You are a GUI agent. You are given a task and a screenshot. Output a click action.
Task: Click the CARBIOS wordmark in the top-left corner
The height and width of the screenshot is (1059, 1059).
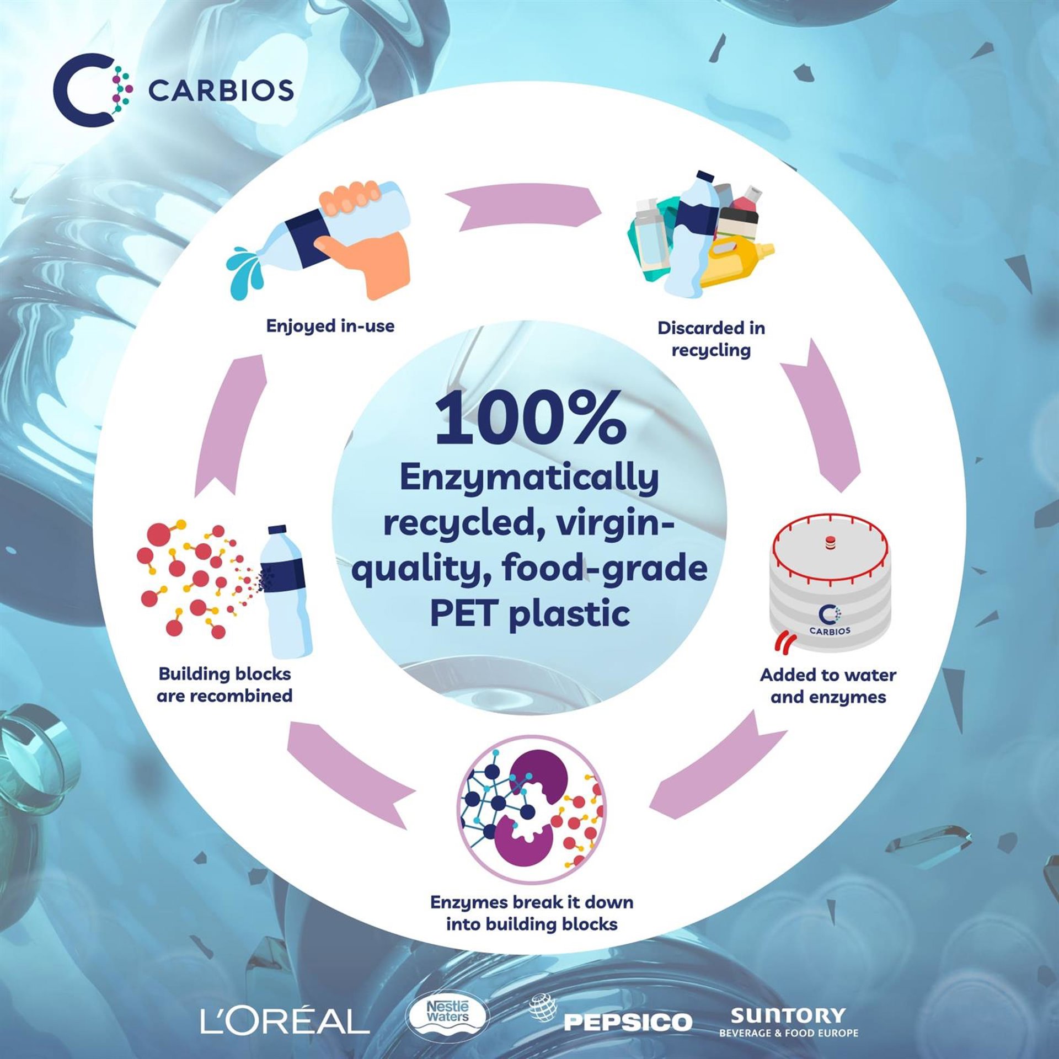221,90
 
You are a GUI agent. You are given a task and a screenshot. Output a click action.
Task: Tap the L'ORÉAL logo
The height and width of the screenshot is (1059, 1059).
285,1020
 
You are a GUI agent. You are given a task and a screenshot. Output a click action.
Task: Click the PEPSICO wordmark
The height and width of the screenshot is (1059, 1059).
628,1022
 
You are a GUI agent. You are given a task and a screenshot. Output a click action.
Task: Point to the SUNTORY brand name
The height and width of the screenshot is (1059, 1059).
787,1015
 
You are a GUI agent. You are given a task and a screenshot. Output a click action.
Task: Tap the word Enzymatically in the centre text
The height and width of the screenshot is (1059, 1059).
529,479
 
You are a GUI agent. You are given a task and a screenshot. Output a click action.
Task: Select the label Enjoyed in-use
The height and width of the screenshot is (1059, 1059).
330,326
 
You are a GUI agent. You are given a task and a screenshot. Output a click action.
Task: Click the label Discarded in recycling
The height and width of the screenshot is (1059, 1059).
711,339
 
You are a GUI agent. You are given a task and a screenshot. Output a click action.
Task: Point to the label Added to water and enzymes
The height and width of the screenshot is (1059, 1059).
828,686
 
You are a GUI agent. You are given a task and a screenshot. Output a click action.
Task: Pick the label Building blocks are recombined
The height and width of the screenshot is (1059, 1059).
224,684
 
